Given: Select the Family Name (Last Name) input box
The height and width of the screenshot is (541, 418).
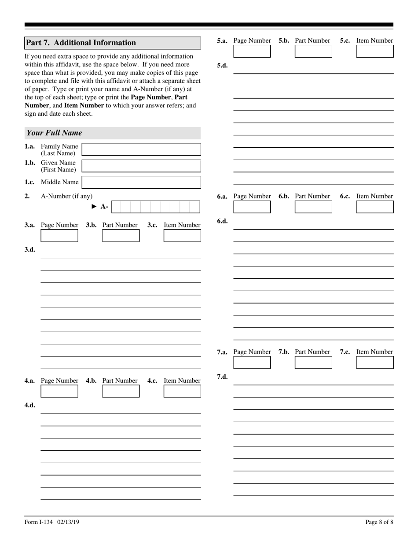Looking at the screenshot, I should (x=141, y=150).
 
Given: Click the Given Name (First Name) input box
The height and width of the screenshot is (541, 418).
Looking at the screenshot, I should (x=141, y=166).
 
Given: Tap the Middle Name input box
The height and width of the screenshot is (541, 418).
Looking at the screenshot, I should (x=141, y=182).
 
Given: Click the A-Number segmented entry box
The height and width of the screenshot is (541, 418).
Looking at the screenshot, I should (x=155, y=207).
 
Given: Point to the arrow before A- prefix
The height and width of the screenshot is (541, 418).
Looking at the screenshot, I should (x=94, y=206).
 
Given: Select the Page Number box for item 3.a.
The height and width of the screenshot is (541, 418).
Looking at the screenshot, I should (x=59, y=236).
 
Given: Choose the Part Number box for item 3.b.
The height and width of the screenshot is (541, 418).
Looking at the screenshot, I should (x=121, y=236).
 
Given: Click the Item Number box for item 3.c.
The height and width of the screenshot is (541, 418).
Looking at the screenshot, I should (x=182, y=236).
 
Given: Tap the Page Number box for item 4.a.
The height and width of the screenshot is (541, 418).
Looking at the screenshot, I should (x=59, y=391).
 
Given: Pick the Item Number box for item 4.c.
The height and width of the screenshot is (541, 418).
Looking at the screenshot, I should (x=182, y=391).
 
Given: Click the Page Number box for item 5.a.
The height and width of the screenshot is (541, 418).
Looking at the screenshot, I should (x=252, y=51).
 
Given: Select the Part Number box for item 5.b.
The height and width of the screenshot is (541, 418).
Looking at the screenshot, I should (x=313, y=51).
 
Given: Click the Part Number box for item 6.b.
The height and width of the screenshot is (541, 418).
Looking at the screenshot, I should (x=313, y=207).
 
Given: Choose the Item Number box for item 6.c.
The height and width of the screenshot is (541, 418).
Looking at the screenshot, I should (x=375, y=207).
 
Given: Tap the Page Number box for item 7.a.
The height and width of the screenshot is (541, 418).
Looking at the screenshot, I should (x=252, y=362).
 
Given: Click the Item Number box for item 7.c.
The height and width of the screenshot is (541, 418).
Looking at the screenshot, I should (x=375, y=362).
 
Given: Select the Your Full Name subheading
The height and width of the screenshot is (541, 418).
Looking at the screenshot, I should (x=54, y=133).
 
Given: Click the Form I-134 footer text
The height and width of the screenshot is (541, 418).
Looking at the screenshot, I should (x=52, y=522).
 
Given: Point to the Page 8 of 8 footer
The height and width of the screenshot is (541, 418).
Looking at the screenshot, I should (x=379, y=522).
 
